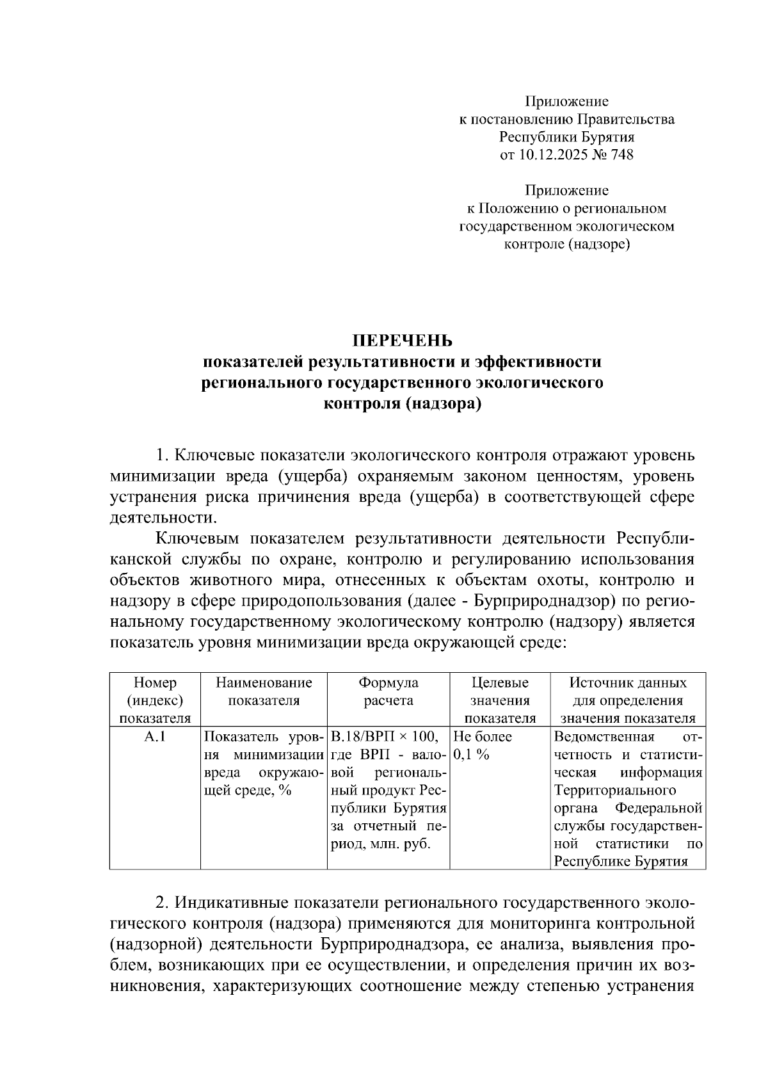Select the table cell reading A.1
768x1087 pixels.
[154, 737]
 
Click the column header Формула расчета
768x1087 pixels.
[388, 691]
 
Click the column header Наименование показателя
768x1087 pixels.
[264, 691]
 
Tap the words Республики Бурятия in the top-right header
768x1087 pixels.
[566, 137]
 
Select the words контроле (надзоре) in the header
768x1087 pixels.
[566, 244]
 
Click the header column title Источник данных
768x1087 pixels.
[628, 682]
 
